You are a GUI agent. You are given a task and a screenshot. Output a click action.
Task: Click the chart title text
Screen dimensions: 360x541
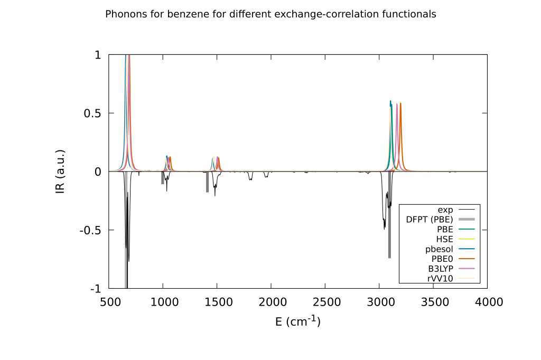click(x=270, y=14)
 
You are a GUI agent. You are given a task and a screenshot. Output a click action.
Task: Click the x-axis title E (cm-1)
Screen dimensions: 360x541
click(x=298, y=321)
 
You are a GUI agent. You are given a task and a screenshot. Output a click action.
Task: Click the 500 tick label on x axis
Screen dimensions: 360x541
click(x=109, y=302)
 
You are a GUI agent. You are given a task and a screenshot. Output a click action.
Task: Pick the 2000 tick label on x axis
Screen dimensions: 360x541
click(x=271, y=302)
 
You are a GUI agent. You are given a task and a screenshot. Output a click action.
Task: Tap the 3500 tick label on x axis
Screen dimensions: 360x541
click(x=433, y=302)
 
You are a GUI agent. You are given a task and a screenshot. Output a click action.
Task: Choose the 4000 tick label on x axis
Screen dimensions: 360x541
click(x=487, y=302)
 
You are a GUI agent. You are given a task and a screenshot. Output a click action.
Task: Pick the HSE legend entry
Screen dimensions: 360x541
click(x=445, y=239)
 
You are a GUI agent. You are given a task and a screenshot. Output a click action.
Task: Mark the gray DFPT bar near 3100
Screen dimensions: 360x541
click(x=389, y=222)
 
